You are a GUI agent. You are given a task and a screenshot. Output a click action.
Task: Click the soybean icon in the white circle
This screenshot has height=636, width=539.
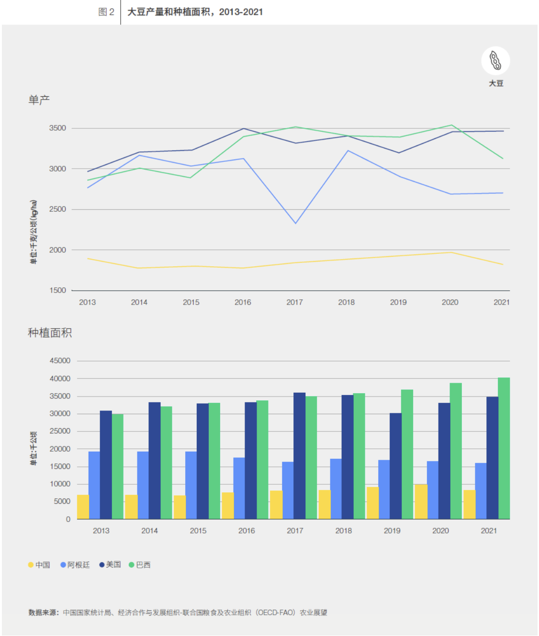pyautogui.click(x=495, y=61)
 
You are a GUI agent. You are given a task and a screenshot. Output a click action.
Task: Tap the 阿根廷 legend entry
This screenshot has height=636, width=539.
pyautogui.click(x=75, y=565)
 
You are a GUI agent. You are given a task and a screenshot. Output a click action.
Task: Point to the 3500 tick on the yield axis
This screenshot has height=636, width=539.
pyautogui.click(x=57, y=128)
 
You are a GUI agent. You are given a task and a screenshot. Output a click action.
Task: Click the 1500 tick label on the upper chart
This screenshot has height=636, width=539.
pyautogui.click(x=57, y=290)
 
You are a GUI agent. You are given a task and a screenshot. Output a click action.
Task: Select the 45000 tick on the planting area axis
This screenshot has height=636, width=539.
pyautogui.click(x=60, y=361)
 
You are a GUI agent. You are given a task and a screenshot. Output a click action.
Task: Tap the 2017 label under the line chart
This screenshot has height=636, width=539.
pyautogui.click(x=294, y=302)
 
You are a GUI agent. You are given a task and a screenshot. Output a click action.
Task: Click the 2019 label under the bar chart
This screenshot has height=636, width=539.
pyautogui.click(x=392, y=531)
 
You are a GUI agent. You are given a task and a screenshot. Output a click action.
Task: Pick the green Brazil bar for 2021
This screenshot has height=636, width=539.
pyautogui.click(x=504, y=448)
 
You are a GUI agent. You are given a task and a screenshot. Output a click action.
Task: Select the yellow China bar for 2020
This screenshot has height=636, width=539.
pyautogui.click(x=421, y=501)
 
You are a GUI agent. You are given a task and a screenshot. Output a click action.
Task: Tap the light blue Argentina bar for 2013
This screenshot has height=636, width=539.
pyautogui.click(x=94, y=485)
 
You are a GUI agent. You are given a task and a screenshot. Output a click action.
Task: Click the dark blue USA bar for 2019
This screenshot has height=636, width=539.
pyautogui.click(x=395, y=466)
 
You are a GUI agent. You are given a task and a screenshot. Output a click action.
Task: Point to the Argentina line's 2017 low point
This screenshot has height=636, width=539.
pyautogui.click(x=295, y=223)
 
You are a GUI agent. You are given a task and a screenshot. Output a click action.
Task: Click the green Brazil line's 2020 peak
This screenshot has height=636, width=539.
pyautogui.click(x=451, y=125)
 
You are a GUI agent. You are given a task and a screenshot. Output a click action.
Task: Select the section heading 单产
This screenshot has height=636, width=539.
pyautogui.click(x=39, y=100)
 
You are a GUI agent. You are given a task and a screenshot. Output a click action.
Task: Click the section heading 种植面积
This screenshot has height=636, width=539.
pyautogui.click(x=50, y=333)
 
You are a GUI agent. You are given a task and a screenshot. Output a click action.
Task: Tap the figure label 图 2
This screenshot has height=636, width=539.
pyautogui.click(x=106, y=12)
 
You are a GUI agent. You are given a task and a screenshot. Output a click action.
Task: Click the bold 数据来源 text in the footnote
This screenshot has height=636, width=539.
pyautogui.click(x=43, y=613)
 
